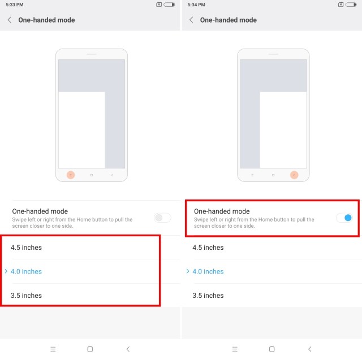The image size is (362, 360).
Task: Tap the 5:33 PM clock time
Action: [15, 5]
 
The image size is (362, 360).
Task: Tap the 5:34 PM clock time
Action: [196, 5]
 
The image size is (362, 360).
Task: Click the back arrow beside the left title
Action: [10, 20]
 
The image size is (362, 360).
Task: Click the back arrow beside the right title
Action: [191, 20]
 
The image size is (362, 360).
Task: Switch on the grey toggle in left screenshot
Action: [162, 218]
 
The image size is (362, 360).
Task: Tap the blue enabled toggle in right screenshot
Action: [344, 218]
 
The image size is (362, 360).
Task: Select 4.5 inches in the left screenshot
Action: [26, 248]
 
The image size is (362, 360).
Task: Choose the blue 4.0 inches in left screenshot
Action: [26, 271]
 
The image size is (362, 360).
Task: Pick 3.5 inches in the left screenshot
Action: [26, 296]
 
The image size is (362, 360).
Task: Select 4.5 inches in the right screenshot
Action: [208, 248]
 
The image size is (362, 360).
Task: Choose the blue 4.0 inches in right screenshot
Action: [208, 271]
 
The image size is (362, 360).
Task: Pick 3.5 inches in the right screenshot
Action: [208, 296]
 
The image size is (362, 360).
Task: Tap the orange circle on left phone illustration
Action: [71, 175]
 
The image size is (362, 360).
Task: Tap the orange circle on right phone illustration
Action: [294, 175]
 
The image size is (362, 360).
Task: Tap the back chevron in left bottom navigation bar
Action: [128, 349]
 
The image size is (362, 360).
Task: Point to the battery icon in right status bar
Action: [351, 5]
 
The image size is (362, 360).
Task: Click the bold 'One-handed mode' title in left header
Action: [46, 20]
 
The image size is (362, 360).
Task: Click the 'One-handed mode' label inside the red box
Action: [222, 211]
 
